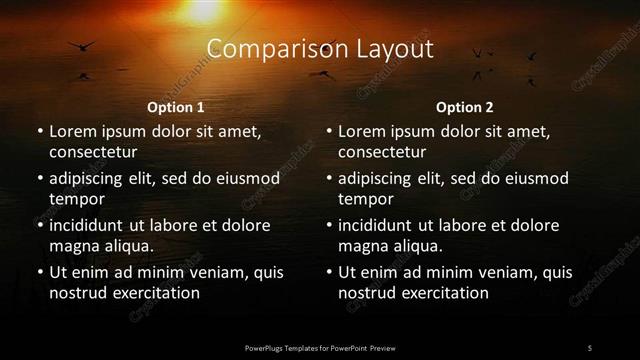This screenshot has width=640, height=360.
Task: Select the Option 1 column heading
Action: [x=176, y=107]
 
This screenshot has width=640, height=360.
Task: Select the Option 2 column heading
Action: [x=465, y=107]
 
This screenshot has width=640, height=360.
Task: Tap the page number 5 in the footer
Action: [x=590, y=347]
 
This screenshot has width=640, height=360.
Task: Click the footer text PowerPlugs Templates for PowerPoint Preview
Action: [x=319, y=347]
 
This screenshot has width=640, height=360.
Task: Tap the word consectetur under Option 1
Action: [x=93, y=152]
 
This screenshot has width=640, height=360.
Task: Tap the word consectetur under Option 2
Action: [x=382, y=152]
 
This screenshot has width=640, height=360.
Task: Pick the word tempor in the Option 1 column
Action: [x=74, y=199]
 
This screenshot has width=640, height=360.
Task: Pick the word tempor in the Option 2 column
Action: [x=363, y=199]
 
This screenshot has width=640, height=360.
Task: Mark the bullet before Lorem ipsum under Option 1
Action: [x=38, y=132]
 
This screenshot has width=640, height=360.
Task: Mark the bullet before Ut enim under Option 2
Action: [x=327, y=273]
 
